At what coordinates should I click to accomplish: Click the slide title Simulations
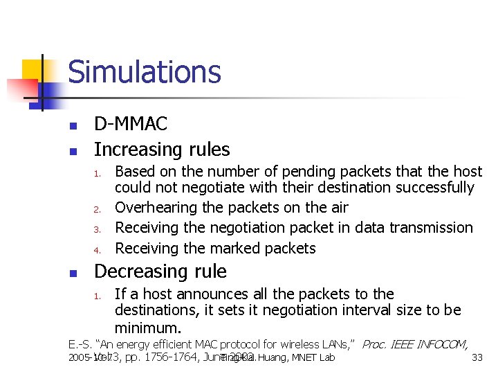[x=145, y=72]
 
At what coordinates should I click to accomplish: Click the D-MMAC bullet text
[x=131, y=125]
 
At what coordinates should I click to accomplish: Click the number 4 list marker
[x=98, y=249]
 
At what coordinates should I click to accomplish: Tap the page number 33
[x=477, y=358]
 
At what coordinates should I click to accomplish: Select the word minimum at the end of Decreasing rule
[x=147, y=327]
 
